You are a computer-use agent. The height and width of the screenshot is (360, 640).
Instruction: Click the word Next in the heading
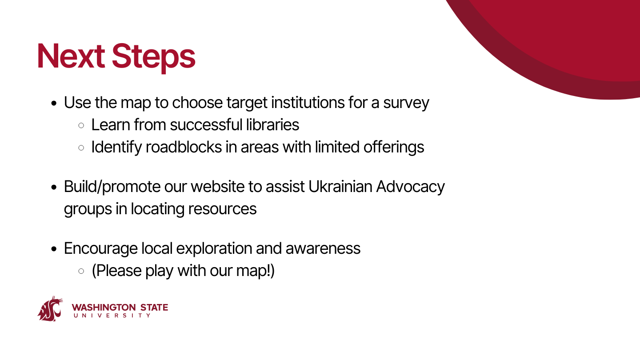[71, 56]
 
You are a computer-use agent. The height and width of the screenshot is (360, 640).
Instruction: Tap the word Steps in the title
[153, 58]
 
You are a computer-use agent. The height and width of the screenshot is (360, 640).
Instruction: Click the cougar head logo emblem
[50, 309]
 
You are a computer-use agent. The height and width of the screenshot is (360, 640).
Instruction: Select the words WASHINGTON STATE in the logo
[120, 308]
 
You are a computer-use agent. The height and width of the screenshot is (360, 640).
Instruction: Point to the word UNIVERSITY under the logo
[112, 316]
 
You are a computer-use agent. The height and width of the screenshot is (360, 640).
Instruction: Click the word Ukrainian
[340, 187]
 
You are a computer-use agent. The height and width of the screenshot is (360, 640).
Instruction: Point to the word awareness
[323, 248]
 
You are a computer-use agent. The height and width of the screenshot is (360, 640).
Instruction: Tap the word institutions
[308, 103]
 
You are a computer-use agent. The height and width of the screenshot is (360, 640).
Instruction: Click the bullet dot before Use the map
[54, 103]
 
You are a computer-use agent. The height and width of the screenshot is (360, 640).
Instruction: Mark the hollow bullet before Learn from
[81, 125]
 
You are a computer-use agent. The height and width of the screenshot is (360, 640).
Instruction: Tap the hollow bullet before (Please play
[81, 271]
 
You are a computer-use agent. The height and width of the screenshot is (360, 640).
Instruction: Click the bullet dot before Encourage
[54, 249]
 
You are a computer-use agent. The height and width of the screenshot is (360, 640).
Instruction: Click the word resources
[222, 209]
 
